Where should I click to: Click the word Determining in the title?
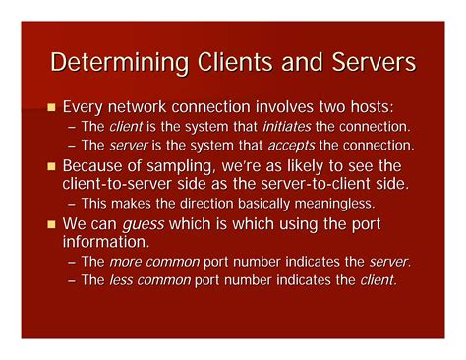point(117,64)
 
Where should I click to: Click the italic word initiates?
point(282,127)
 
